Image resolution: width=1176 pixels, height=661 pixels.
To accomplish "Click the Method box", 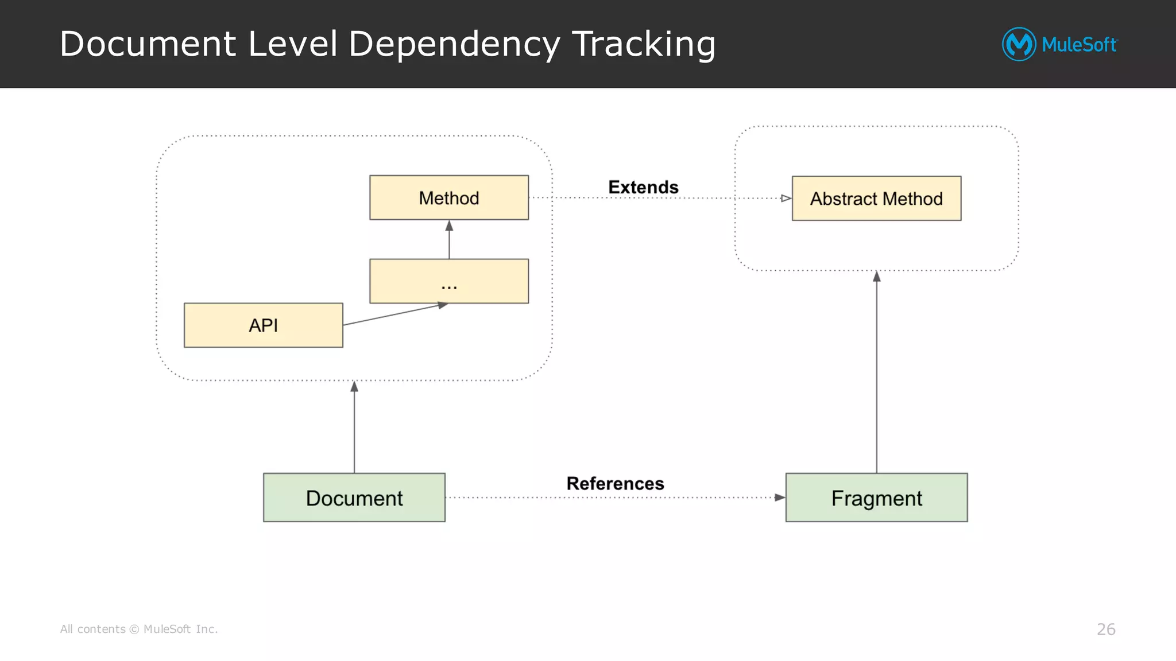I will [x=449, y=197].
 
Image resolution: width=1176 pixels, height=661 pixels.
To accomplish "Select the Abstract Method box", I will [x=876, y=199].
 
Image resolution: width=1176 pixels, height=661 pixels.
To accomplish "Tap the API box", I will [x=263, y=325].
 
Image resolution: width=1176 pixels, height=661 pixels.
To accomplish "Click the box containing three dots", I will [x=449, y=281].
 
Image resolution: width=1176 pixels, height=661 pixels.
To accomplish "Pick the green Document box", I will [x=354, y=497].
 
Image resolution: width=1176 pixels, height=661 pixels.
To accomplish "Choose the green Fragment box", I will [x=876, y=497].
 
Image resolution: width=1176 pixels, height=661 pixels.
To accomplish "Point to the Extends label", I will [x=643, y=187].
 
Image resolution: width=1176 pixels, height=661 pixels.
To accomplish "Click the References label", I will [x=615, y=483].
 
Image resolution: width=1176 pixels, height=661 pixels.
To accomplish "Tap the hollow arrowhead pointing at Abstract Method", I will [x=786, y=199].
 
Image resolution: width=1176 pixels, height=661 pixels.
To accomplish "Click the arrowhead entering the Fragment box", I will [x=779, y=497].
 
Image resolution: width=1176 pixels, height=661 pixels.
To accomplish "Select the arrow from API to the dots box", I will [x=395, y=314].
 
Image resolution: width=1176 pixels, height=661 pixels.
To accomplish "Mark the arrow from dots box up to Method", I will [x=449, y=240].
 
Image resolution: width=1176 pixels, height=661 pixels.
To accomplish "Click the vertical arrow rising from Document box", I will [x=354, y=427].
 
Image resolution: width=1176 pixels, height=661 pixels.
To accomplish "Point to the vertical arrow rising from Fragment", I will [x=876, y=373].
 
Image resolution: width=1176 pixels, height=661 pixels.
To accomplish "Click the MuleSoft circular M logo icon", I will [x=1019, y=44].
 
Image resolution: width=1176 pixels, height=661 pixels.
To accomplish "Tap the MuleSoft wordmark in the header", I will [x=1079, y=45].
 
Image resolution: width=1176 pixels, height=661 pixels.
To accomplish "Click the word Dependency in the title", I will [x=454, y=45].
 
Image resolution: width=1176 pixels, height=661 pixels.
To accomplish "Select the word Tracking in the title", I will [x=644, y=45].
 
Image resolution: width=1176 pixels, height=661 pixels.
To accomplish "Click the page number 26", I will [x=1106, y=629].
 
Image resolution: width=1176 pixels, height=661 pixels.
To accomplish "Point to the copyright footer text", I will [x=139, y=629].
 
